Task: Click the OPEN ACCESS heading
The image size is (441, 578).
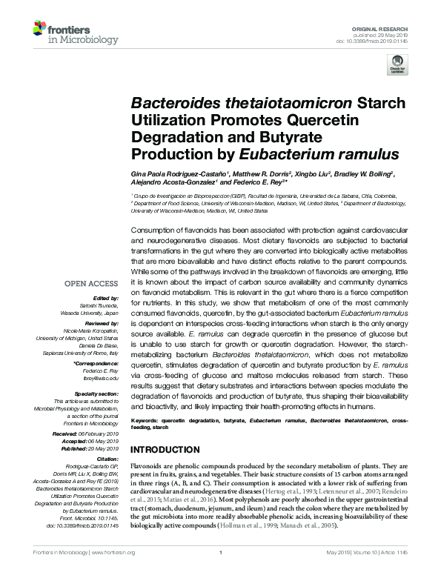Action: [x=91, y=284]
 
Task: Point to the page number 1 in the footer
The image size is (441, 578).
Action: [x=221, y=573]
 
